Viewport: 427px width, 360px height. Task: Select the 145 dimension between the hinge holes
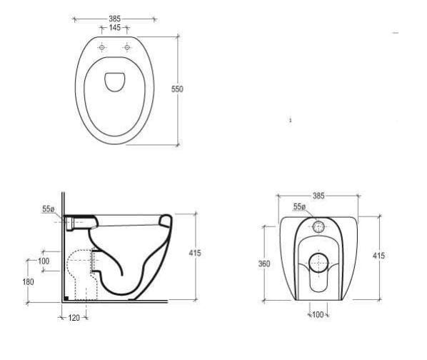point(114,28)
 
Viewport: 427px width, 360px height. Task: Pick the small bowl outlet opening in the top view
point(115,81)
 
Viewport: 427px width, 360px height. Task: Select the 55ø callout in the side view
point(49,209)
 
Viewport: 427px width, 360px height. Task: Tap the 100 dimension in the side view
point(44,261)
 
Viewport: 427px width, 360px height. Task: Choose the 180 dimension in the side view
point(28,281)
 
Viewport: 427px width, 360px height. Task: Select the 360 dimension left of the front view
point(264,263)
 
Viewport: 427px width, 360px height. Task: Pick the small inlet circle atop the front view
point(318,227)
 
